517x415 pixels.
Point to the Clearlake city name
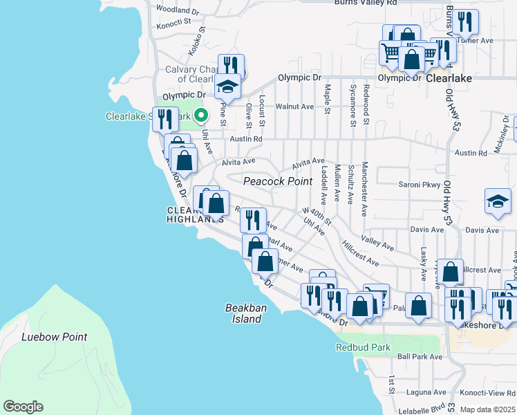coord(449,79)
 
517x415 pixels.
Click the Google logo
coord(23,407)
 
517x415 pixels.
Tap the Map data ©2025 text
coord(487,409)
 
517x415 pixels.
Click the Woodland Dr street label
coord(178,10)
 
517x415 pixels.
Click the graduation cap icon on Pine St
coord(227,86)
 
